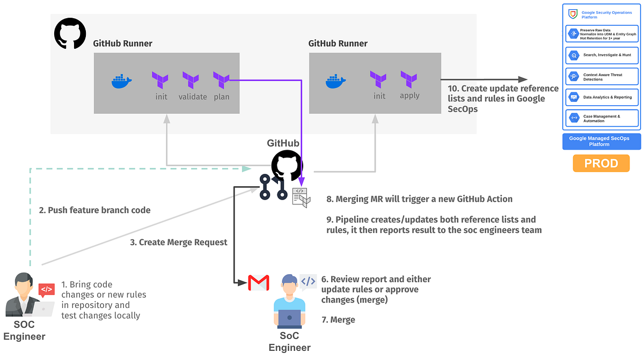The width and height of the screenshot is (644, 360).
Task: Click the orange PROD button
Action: tap(601, 163)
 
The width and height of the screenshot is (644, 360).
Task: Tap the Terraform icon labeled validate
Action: tap(191, 80)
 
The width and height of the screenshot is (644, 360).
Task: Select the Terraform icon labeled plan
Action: tap(222, 80)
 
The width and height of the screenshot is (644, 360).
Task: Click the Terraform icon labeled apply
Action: tap(409, 80)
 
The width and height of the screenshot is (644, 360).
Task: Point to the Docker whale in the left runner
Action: tap(121, 81)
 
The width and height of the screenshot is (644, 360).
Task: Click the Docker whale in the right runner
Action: tap(335, 81)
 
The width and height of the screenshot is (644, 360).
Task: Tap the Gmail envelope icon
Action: tap(258, 283)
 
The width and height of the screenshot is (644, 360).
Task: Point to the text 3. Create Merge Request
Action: tap(179, 243)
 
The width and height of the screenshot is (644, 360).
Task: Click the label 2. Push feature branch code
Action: tap(94, 210)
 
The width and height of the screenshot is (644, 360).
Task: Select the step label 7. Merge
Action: tap(338, 320)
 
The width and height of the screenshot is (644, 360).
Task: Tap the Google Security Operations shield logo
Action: tap(573, 14)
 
